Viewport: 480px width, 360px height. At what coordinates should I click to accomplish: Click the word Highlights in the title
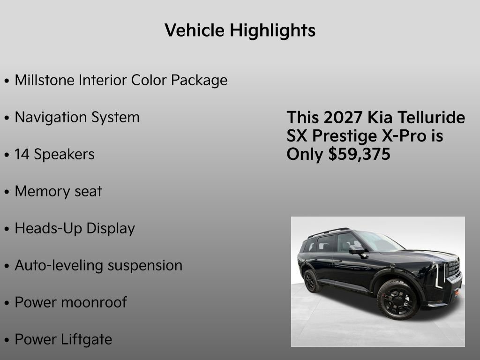272,31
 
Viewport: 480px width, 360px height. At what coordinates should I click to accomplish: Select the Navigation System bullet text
77,117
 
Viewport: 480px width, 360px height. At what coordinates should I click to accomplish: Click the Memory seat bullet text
58,191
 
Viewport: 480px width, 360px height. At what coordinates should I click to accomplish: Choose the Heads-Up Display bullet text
75,228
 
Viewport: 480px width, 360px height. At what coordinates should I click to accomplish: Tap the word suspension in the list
145,265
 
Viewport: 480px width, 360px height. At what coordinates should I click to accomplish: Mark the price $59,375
360,155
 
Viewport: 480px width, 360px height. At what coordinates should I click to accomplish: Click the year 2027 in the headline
343,117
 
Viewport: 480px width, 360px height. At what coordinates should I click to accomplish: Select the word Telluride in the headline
432,117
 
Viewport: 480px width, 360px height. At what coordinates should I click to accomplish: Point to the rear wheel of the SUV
310,280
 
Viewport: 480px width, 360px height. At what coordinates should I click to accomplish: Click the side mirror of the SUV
356,250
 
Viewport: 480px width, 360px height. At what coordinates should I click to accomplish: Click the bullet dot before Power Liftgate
7,340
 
